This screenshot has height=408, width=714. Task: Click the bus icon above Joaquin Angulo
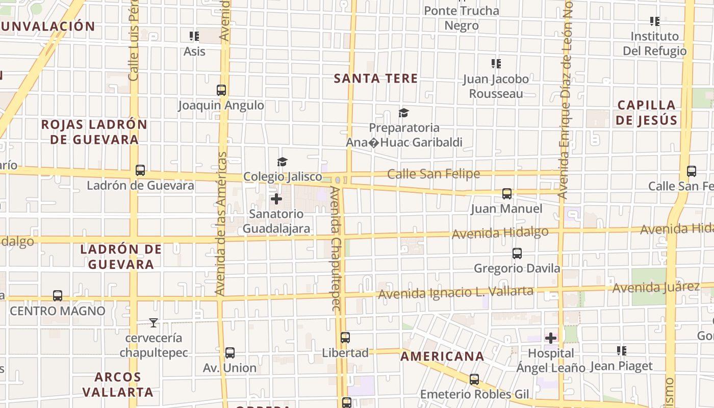(221, 90)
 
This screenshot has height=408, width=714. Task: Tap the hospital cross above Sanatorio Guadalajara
(276, 199)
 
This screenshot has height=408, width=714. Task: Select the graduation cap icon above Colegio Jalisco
(282, 162)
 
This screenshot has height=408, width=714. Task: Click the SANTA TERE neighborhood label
(376, 79)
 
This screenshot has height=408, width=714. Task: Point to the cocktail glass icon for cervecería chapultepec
(153, 323)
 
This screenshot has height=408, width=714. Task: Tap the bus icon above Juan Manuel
(506, 194)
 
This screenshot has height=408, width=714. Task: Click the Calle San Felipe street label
(433, 174)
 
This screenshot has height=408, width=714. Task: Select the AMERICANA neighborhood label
(442, 356)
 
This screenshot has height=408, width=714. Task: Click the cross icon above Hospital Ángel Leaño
(551, 338)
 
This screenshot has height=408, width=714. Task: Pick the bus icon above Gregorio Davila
(517, 253)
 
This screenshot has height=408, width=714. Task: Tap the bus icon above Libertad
(345, 338)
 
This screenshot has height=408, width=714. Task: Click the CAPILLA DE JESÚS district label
(646, 113)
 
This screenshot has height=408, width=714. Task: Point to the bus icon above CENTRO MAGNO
(58, 296)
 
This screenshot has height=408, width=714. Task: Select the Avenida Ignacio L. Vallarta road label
(455, 293)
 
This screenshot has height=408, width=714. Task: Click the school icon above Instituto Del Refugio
(655, 21)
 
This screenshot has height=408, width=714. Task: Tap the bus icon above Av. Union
(230, 353)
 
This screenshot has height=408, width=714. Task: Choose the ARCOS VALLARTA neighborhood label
(118, 385)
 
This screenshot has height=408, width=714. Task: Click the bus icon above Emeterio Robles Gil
(474, 379)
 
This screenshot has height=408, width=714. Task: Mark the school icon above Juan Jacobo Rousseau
(496, 64)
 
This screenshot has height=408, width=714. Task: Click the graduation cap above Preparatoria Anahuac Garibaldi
(404, 113)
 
